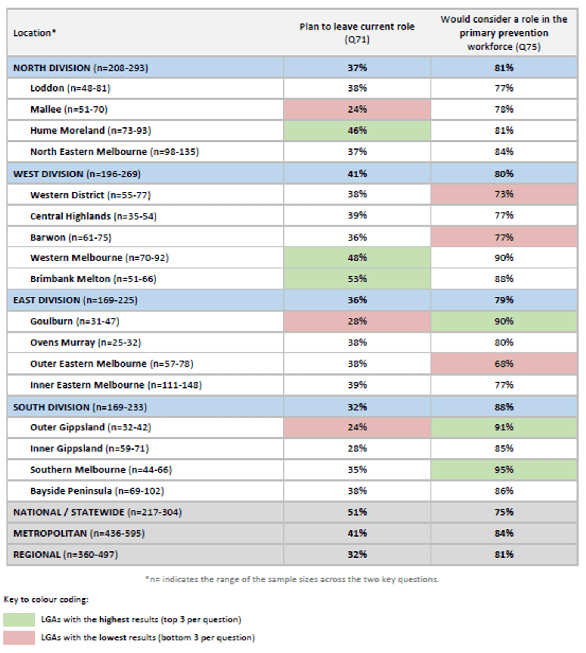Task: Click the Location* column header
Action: point(34,33)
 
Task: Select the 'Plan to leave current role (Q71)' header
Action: point(357,33)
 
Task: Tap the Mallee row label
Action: point(69,110)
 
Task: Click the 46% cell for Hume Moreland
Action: point(357,131)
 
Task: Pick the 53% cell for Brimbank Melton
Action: point(357,279)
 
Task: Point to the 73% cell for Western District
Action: point(504,194)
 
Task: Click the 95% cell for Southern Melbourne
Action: point(504,470)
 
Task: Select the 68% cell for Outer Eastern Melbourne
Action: point(504,364)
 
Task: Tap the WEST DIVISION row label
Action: point(77,174)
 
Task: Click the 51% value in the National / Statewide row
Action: point(357,512)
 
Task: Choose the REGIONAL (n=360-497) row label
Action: point(65,555)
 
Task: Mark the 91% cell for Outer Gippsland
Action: point(504,427)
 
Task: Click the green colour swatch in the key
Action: point(19,620)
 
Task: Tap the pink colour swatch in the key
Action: point(19,638)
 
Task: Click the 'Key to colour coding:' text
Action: point(46,600)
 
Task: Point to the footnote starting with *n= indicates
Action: point(292,579)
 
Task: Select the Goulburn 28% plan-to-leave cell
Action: point(357,321)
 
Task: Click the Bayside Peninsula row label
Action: point(97,491)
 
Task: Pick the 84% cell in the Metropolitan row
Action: point(504,533)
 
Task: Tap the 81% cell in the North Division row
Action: point(504,68)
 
